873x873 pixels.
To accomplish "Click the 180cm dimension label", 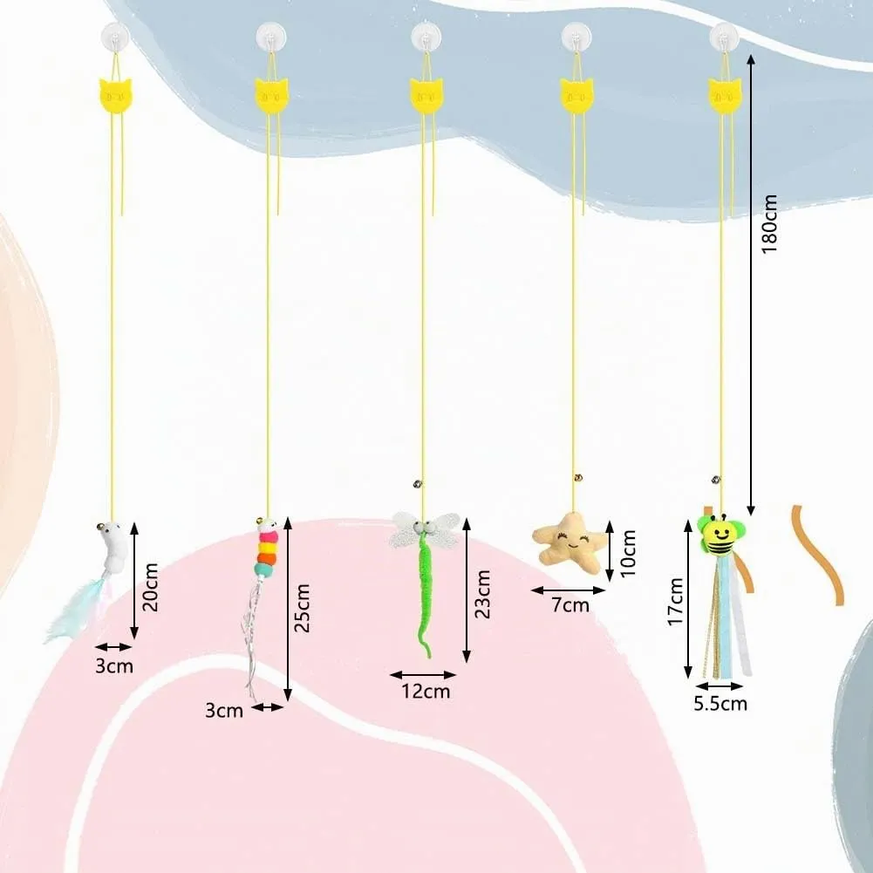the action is click(x=768, y=224).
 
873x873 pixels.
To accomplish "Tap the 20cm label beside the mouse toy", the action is click(x=151, y=587).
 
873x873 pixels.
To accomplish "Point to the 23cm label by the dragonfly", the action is click(x=482, y=594).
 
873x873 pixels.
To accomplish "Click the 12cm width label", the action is click(x=426, y=692).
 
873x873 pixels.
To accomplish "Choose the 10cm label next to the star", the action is click(x=627, y=554).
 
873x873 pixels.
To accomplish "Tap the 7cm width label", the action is click(x=570, y=604).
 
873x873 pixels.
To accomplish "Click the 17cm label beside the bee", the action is click(x=675, y=602).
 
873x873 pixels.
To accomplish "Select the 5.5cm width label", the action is click(x=720, y=704).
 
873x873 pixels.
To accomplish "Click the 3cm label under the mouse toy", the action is click(x=114, y=666).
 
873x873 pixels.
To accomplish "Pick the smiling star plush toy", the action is click(x=568, y=542).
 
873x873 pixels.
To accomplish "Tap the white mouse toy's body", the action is click(x=117, y=545).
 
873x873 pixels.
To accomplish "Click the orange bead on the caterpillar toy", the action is click(x=268, y=557).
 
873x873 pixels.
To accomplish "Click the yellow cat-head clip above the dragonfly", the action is click(x=426, y=95).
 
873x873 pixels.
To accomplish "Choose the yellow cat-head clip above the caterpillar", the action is click(x=272, y=95).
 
